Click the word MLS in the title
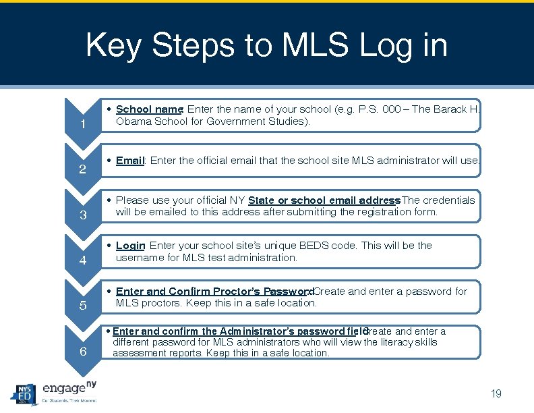coord(316,46)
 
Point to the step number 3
coord(82,215)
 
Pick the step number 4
coord(82,260)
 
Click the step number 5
coord(82,306)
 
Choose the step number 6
coord(82,351)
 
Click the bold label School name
coord(149,109)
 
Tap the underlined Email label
coord(130,161)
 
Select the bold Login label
coord(130,246)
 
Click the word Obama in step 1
coord(133,121)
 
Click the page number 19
coord(496,394)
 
